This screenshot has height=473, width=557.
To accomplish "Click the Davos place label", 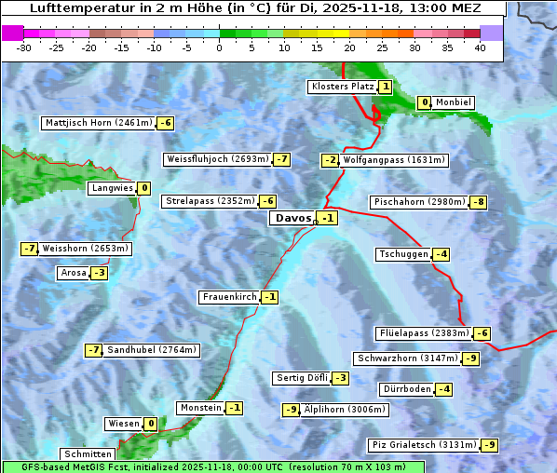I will click(x=292, y=218).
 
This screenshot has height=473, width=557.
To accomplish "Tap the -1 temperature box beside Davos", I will click(x=327, y=218).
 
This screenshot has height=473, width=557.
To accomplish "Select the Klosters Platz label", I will click(x=342, y=87).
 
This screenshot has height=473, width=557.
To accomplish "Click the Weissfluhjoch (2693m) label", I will click(x=217, y=159).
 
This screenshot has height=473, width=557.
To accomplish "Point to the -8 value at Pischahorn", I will click(x=479, y=202).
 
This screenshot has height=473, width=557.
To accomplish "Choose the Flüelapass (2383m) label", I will click(x=423, y=333).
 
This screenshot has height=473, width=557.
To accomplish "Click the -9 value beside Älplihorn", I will click(x=291, y=410).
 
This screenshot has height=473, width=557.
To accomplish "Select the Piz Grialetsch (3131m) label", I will click(x=424, y=445).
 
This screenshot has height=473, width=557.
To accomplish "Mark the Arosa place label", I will click(x=74, y=273).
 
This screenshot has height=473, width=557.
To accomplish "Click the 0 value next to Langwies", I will click(x=143, y=188).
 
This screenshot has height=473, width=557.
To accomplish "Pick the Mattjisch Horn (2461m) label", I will click(x=98, y=123).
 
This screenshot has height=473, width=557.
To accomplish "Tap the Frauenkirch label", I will click(x=228, y=297).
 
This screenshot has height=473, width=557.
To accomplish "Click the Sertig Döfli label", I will click(x=302, y=378).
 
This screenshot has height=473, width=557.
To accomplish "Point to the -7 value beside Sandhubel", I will click(x=93, y=350).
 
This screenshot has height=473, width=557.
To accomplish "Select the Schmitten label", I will click(x=88, y=454).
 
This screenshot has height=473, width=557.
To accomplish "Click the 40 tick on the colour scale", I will click(x=480, y=48).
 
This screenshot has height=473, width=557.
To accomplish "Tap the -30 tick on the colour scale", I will click(x=24, y=48).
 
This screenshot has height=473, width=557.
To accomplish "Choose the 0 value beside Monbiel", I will click(x=425, y=102).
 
